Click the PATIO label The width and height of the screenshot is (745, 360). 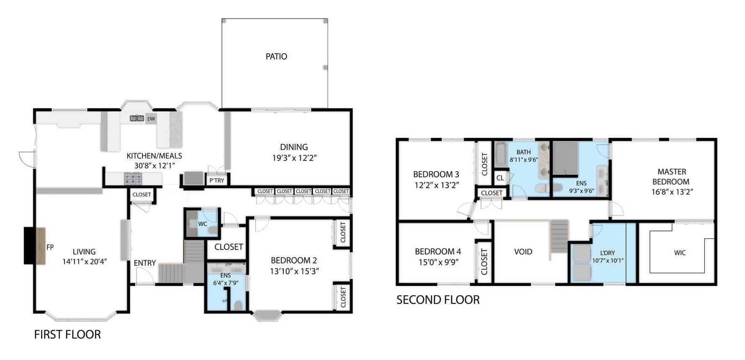tap(276, 57)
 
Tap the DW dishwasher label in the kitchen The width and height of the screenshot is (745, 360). tap(151, 119)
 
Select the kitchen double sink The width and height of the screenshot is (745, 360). tap(137, 119)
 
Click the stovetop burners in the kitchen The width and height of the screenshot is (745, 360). tap(133, 179)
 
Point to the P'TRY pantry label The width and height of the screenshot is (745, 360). tap(217, 181)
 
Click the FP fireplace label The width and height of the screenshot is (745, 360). tap(50, 247)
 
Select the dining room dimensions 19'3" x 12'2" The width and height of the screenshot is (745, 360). tap(294, 158)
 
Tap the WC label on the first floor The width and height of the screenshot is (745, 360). tap(203, 224)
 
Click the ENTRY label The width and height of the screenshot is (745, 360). tap(145, 263)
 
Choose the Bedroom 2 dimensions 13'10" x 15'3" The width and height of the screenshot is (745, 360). tap(295, 271)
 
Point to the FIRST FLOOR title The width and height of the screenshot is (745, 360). tap(67, 334)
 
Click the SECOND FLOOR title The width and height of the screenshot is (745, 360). tap(438, 300)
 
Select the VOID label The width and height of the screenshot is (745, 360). tap(523, 252)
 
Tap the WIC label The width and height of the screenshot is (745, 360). tap(680, 253)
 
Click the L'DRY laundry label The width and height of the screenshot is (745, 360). tap(607, 253)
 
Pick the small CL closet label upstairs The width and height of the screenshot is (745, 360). tap(500, 178)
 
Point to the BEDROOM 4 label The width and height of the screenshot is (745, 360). tap(438, 251)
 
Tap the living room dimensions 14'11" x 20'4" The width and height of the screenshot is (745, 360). tap(85, 262)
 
